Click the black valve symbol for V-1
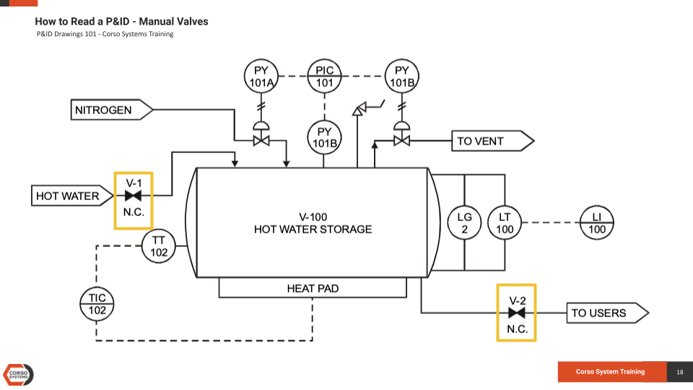click(x=134, y=196)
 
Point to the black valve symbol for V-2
click(x=516, y=313)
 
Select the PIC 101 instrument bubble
click(x=325, y=76)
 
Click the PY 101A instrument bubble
click(x=261, y=76)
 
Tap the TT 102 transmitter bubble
click(x=159, y=246)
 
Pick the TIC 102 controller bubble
click(x=97, y=304)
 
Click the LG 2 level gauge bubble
click(x=464, y=223)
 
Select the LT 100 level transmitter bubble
click(x=505, y=223)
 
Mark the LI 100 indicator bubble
click(x=597, y=223)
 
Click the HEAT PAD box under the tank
click(x=313, y=288)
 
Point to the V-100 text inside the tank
click(x=313, y=217)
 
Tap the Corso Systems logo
click(x=19, y=373)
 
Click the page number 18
click(x=679, y=372)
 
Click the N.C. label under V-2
click(x=516, y=329)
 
